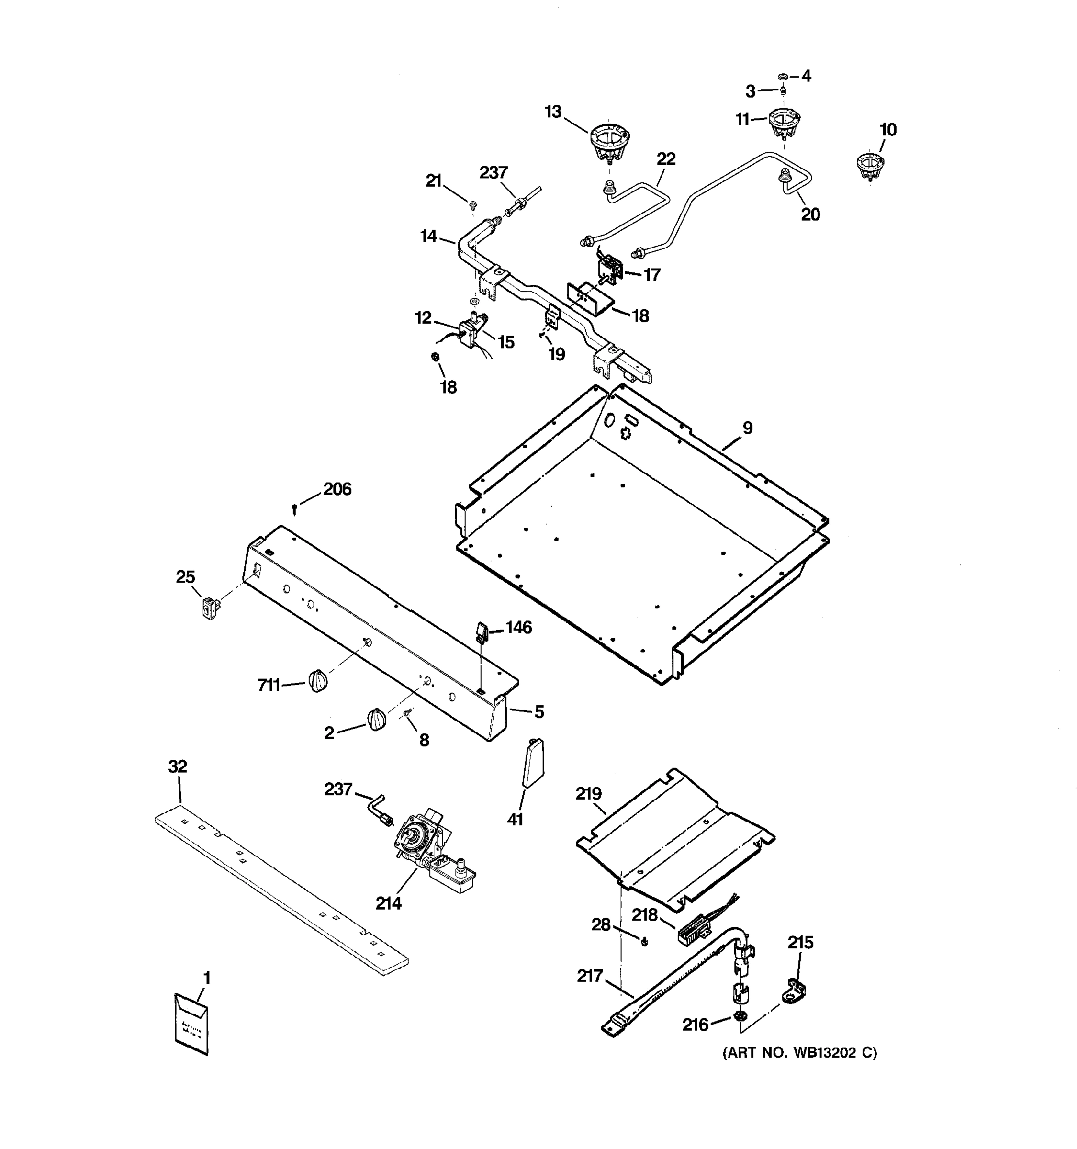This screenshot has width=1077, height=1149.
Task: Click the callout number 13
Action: coord(553,112)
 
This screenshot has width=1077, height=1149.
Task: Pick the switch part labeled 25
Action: coord(209,608)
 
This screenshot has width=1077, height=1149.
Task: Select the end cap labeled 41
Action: coord(533,764)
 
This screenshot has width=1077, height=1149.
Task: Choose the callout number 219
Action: coord(588,794)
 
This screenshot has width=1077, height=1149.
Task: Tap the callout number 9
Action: coord(747,428)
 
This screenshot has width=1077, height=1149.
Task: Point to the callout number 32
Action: coord(178,766)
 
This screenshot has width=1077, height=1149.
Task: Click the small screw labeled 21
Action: coord(472,204)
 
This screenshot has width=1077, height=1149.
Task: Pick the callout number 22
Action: coord(666,159)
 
